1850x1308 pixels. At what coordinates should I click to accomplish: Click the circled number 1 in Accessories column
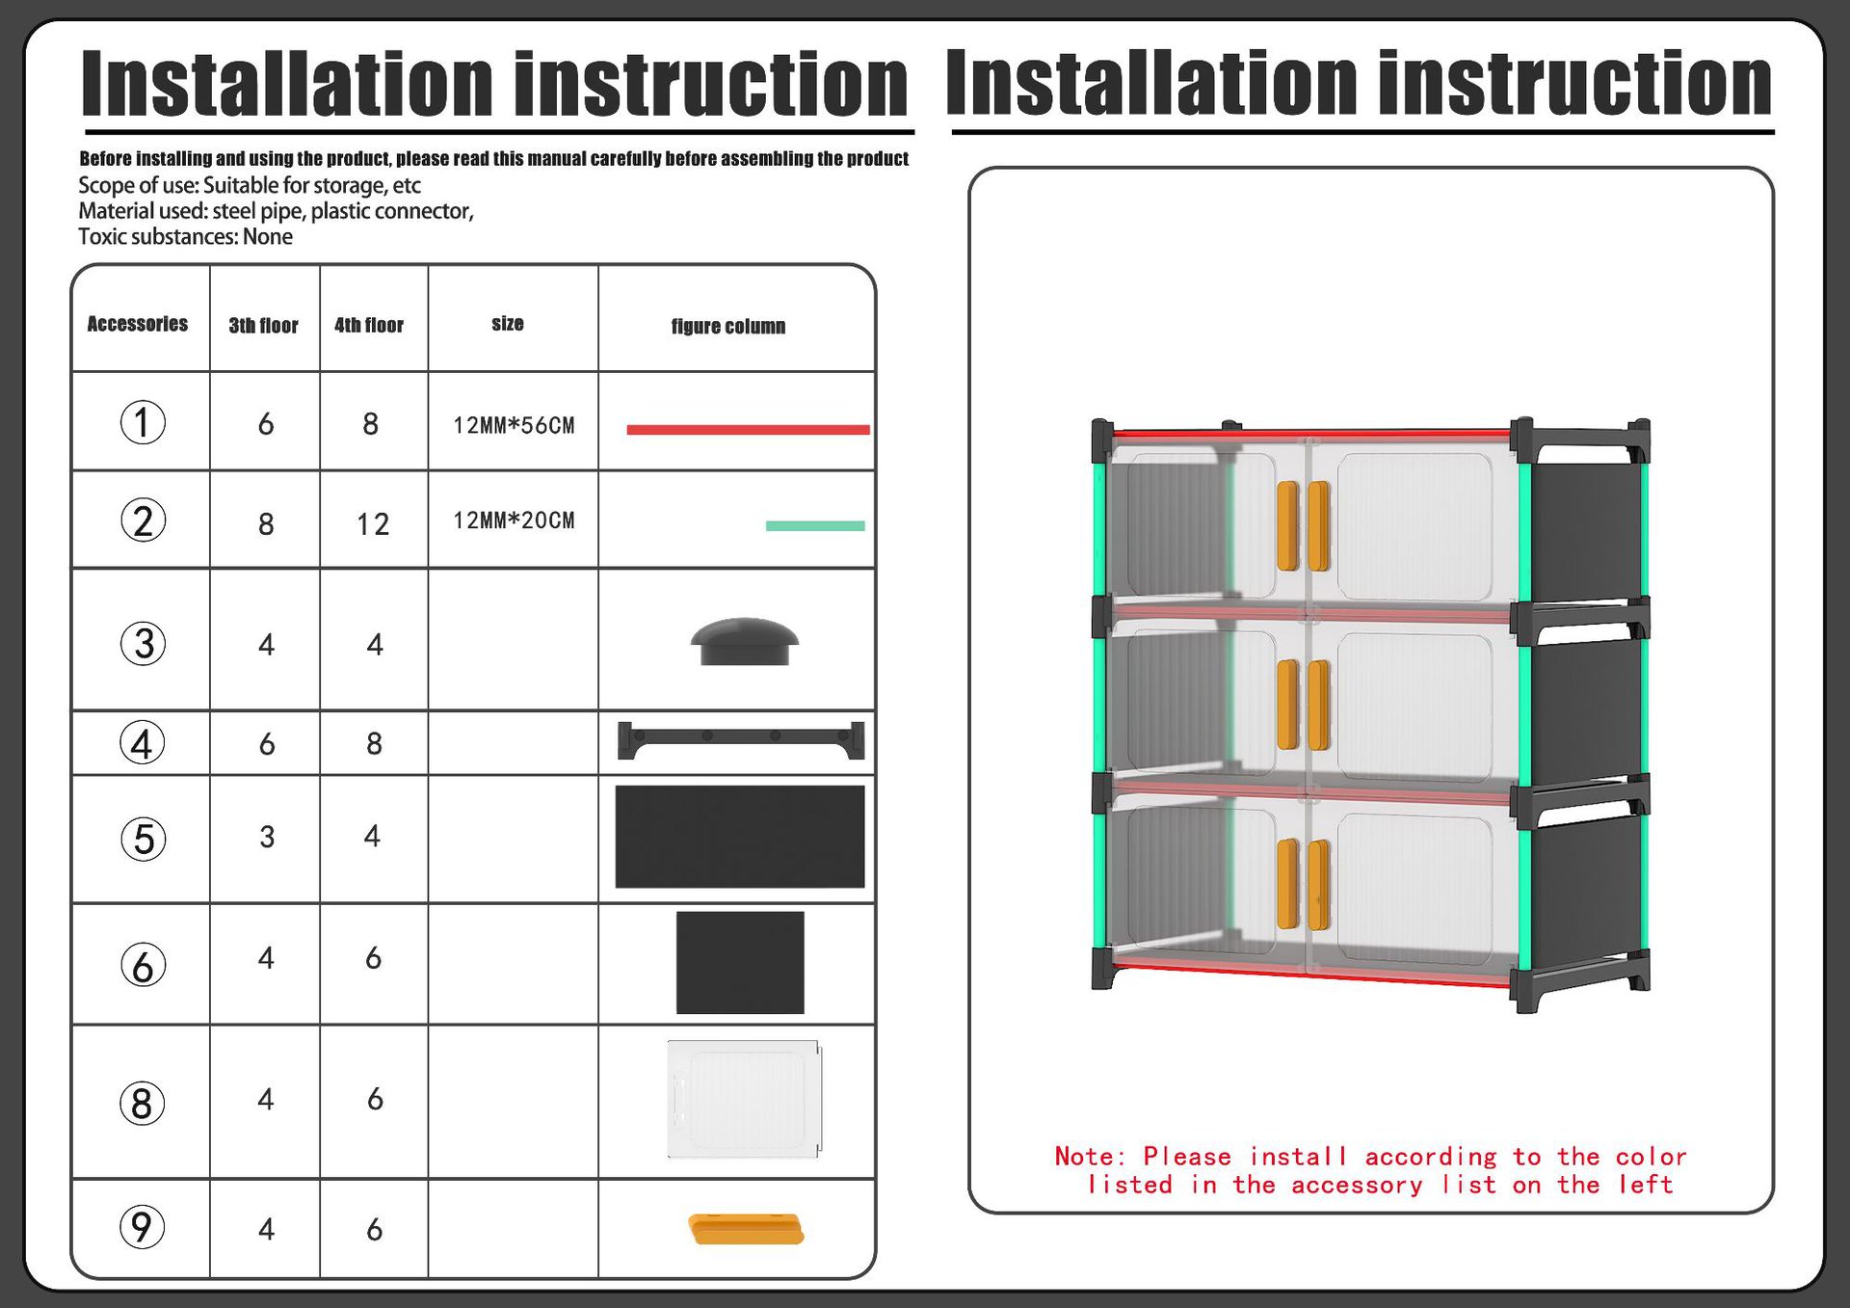point(143,422)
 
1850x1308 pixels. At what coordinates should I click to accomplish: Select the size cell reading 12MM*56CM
point(514,425)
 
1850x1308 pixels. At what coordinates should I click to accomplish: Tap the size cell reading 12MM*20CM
point(514,521)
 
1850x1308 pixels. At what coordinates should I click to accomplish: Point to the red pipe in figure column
point(748,430)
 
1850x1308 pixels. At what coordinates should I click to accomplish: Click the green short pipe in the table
point(815,525)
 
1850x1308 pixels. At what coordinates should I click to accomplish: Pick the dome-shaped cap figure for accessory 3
point(745,641)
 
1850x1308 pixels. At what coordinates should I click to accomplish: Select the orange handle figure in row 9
point(746,1229)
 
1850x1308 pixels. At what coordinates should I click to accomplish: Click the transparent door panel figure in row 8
point(744,1099)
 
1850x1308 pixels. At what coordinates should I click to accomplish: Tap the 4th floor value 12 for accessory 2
point(373,524)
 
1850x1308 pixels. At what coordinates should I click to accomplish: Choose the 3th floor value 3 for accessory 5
point(267,837)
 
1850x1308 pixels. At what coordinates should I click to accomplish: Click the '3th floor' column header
point(263,326)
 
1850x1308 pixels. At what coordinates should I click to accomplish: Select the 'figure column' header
point(728,327)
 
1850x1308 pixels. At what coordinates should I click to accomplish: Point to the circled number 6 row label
point(143,965)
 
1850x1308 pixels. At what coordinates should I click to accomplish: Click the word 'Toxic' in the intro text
point(101,237)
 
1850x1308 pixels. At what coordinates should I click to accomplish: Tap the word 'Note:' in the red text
point(1090,1156)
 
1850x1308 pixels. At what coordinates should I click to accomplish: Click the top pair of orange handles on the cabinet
point(1303,526)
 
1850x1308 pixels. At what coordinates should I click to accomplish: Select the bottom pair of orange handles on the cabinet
point(1303,885)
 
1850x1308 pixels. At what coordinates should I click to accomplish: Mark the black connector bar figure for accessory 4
point(741,740)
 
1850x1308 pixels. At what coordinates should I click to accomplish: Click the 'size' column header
point(508,324)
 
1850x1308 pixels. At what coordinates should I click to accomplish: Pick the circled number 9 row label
point(143,1227)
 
